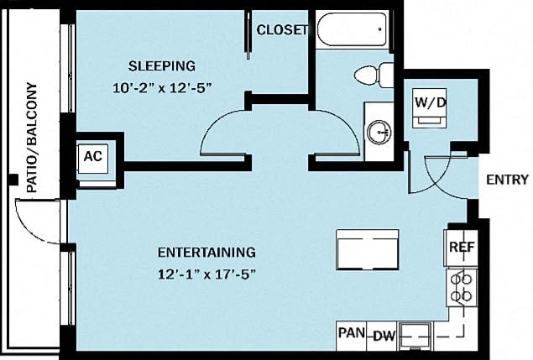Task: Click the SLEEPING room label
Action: (161, 65)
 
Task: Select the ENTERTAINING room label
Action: (206, 252)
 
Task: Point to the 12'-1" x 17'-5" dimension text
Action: (206, 273)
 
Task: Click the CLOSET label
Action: (282, 30)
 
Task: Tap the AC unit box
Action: (92, 156)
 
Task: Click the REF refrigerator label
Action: (462, 248)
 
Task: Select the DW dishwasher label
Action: (384, 336)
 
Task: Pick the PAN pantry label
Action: (351, 333)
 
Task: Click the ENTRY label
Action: (507, 179)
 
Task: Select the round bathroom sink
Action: (379, 131)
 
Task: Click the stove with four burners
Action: (460, 286)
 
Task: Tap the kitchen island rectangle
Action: (367, 248)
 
